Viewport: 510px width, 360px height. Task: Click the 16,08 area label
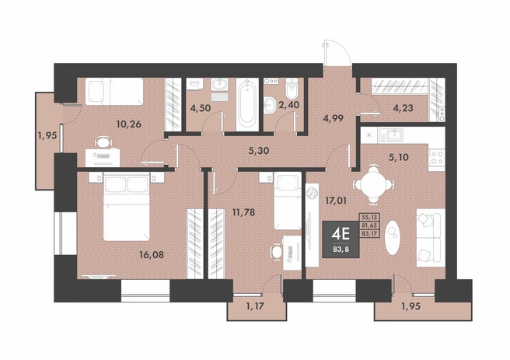tap(152, 254)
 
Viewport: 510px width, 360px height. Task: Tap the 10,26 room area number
tap(129, 124)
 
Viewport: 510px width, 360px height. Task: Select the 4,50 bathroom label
tap(201, 107)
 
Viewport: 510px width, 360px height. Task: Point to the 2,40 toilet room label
tap(289, 105)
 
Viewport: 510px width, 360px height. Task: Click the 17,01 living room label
tap(336, 201)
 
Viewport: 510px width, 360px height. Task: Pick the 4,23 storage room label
tap(403, 107)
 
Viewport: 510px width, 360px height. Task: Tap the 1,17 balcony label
tap(255, 306)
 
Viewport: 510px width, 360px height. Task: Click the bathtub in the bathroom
tap(247, 104)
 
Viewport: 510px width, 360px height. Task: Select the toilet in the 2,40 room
tap(292, 88)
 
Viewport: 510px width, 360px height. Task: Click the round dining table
tap(373, 185)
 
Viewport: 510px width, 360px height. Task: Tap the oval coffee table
tap(393, 238)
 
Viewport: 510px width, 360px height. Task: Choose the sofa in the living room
tap(431, 238)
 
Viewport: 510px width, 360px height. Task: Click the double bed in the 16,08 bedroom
tap(126, 207)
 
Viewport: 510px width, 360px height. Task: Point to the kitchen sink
tap(391, 135)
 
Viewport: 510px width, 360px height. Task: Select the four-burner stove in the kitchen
tap(436, 158)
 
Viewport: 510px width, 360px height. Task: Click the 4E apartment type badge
tap(341, 239)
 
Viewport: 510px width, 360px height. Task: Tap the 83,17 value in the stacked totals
tap(369, 233)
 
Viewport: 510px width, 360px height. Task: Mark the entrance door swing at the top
tap(338, 52)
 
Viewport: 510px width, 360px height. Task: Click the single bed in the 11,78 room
tap(287, 201)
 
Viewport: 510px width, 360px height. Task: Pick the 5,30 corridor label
tap(259, 151)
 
